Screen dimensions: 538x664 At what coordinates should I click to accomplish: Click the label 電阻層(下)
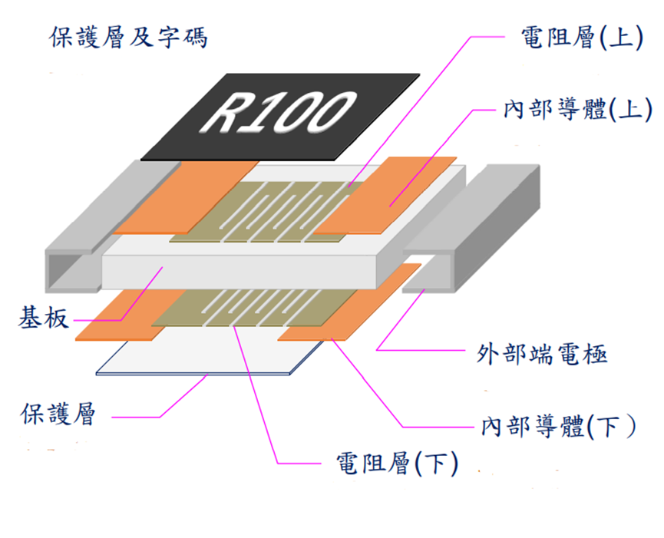coord(397,463)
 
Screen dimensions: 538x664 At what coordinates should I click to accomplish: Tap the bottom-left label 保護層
coord(58,416)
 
